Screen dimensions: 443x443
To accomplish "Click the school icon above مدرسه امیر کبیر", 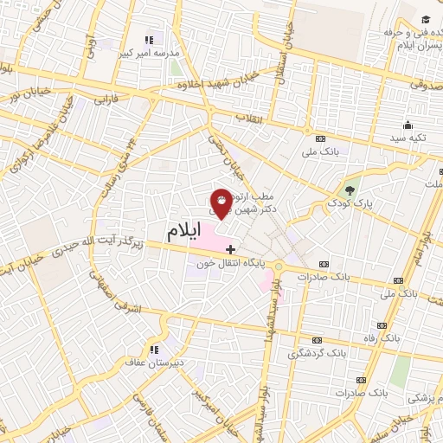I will click(149, 40).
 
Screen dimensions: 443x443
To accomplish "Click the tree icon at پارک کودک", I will click(350, 189).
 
